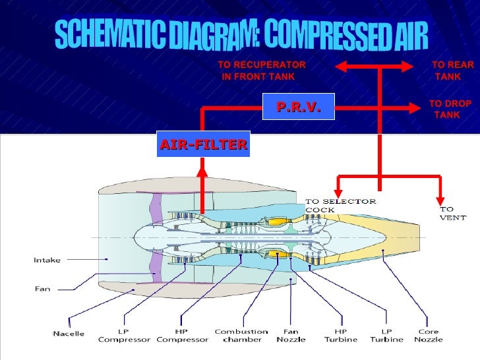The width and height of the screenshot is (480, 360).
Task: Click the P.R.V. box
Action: point(298,106)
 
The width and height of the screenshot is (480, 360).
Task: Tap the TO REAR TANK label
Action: point(452,71)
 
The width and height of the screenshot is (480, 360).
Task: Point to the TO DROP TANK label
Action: point(449,109)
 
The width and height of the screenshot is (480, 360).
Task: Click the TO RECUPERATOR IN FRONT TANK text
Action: point(262,71)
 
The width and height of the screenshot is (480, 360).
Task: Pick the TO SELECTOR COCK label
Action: point(340,205)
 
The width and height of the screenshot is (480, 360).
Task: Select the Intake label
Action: point(47,260)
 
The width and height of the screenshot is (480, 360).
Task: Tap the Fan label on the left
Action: point(42,288)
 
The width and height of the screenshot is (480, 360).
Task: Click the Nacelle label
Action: point(69,334)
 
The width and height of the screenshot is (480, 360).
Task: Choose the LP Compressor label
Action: point(124,336)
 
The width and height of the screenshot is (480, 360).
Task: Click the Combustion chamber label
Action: point(241,336)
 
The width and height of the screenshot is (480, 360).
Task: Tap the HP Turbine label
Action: point(340,336)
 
